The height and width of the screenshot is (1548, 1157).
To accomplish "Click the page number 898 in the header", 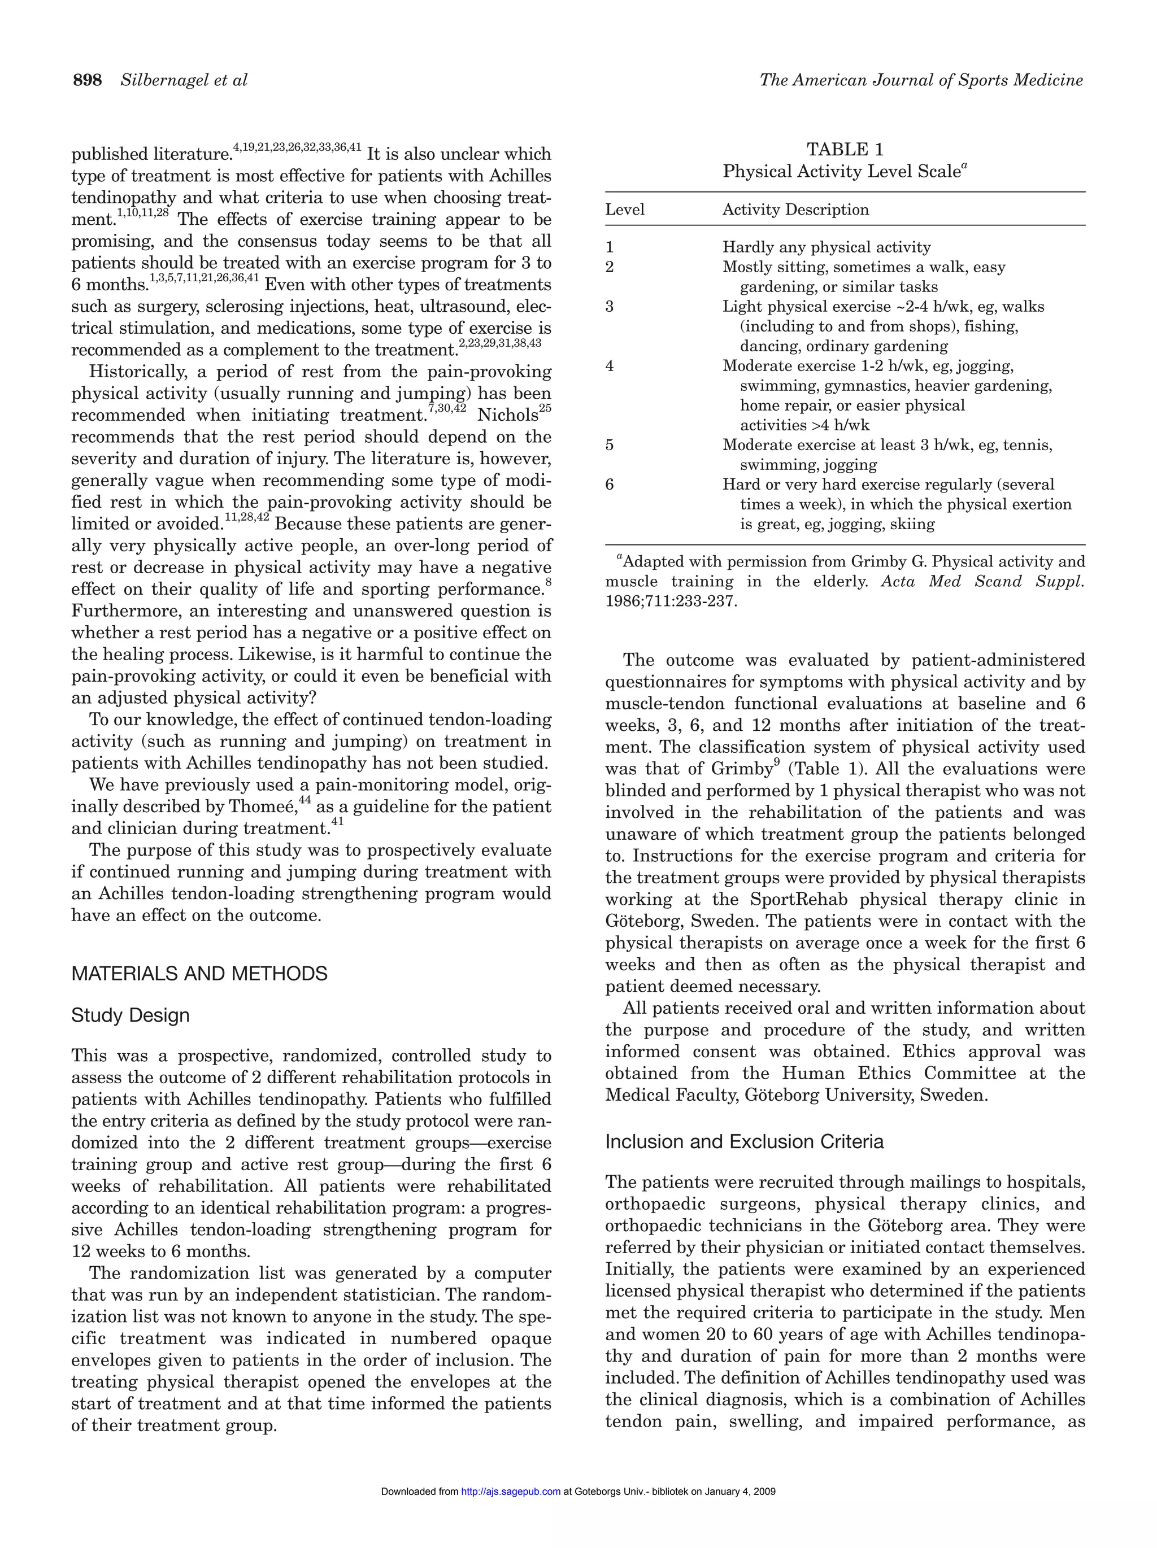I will [x=88, y=81].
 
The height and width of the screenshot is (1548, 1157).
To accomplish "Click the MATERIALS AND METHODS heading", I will [x=199, y=974].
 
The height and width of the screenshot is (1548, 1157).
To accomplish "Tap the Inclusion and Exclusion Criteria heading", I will [x=744, y=1141].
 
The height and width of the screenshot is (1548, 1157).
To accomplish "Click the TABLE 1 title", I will [x=845, y=149].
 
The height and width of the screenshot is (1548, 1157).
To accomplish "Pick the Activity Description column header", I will [x=795, y=210].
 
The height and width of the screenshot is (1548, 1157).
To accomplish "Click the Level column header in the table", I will [x=624, y=210].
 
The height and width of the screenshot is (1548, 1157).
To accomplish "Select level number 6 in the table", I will [x=610, y=484].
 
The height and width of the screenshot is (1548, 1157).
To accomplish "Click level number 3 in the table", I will [x=610, y=307].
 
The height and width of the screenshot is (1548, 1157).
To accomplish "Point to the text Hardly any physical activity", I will [x=826, y=247].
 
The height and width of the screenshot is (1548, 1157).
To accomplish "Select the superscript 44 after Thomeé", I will [x=305, y=799].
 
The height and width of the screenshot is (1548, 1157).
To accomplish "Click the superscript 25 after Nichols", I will [x=545, y=407].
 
